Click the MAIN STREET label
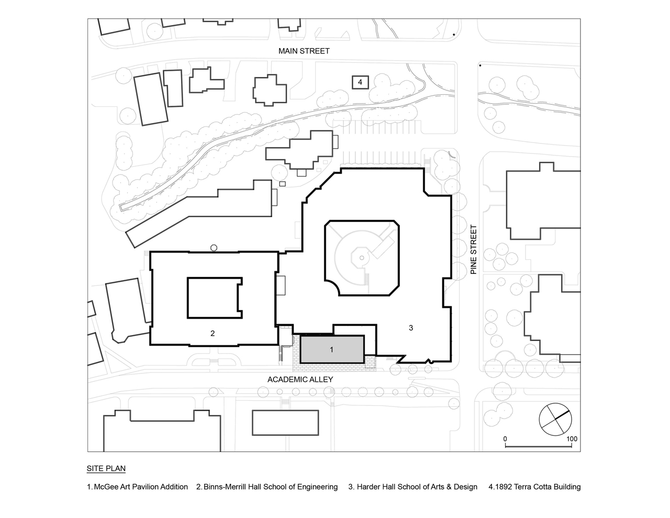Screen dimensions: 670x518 (x=304, y=51)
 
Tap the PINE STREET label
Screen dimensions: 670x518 (x=474, y=250)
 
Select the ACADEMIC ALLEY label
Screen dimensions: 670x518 (x=300, y=380)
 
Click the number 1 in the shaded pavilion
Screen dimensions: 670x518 (x=331, y=349)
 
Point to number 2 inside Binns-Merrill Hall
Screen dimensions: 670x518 (x=213, y=333)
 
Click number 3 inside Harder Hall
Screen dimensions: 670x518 (x=411, y=328)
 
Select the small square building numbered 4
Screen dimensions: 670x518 (x=360, y=82)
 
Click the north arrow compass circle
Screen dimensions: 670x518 (x=555, y=420)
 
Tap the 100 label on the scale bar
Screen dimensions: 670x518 (x=572, y=439)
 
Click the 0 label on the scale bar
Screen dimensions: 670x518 (x=505, y=439)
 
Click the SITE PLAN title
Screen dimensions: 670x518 (x=106, y=468)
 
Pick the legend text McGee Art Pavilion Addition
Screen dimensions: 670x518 (x=141, y=487)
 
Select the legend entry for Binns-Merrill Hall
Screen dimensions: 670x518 (x=267, y=487)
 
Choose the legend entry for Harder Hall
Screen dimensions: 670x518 (x=413, y=487)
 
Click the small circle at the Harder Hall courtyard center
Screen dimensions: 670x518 (x=362, y=258)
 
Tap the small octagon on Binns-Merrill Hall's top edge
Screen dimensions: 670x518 (x=214, y=248)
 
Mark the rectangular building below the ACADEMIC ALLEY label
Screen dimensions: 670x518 (x=285, y=423)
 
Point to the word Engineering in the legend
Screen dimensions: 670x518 (x=319, y=487)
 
